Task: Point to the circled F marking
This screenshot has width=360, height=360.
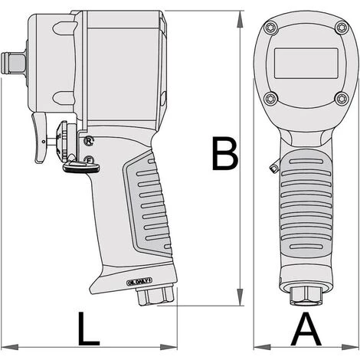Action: pyautogui.click(x=90, y=160)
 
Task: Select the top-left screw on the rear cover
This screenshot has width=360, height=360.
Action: pyautogui.click(x=269, y=29)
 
